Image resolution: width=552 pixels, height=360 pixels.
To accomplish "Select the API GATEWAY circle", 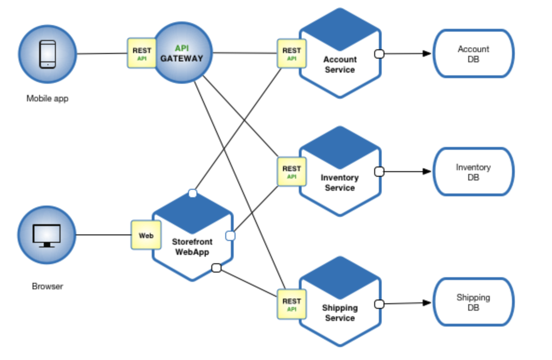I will coord(182,53).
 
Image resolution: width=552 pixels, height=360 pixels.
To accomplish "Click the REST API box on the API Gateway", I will coord(141,53).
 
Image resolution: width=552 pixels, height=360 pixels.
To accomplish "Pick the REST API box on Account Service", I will coord(291,53).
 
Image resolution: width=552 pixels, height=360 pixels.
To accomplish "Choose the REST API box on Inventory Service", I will coord(291,172).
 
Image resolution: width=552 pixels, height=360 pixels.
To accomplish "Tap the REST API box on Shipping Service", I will coord(291,304).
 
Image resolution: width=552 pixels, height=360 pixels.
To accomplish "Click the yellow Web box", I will coord(146,235).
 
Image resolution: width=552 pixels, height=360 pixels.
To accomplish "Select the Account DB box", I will coord(473,54).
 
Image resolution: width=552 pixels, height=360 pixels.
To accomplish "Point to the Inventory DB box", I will coord(473,172).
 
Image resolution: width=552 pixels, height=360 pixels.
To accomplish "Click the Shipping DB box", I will coord(473,302).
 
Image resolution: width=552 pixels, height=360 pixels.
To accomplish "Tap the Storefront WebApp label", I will coord(192,247).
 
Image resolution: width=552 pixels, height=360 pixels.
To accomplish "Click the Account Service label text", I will coord(340,65).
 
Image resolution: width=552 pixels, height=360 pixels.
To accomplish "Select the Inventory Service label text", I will coord(340,183).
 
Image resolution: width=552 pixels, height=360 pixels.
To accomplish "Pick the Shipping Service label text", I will coord(340,313).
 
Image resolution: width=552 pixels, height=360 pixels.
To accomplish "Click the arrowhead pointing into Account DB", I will coord(427,53).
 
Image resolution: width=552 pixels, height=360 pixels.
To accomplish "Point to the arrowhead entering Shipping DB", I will coord(427,303).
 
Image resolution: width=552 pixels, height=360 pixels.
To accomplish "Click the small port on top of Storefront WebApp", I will coord(193,193).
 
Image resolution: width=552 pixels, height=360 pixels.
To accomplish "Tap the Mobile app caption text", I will coord(47,99).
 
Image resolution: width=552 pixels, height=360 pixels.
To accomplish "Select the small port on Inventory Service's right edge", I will coord(379,172).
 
